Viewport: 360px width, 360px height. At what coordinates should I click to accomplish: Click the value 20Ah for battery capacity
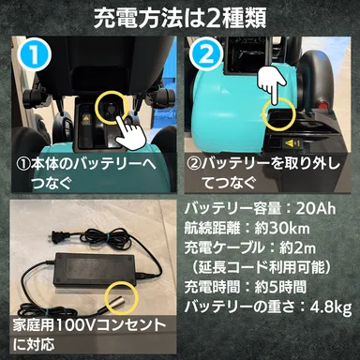[329, 208]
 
